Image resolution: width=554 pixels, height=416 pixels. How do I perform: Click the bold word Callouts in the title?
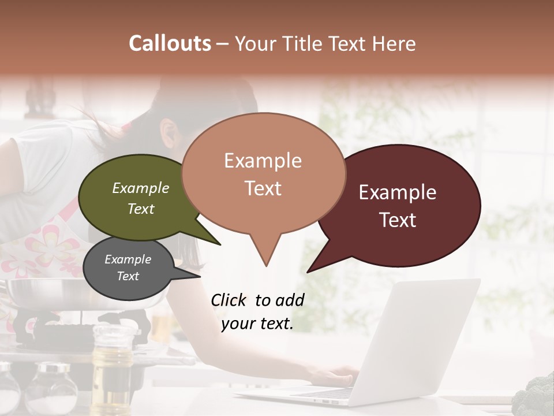pyautogui.click(x=170, y=43)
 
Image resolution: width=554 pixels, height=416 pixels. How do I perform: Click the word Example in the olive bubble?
pyautogui.click(x=141, y=188)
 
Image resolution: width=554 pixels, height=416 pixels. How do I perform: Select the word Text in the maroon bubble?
pyautogui.click(x=398, y=220)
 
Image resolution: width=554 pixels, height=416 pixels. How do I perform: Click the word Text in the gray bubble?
pyautogui.click(x=128, y=276)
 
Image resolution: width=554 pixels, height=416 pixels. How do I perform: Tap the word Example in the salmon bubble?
pyautogui.click(x=263, y=161)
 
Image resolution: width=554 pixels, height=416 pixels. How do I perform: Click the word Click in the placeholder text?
pyautogui.click(x=229, y=300)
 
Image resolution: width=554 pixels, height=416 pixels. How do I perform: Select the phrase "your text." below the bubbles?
pyautogui.click(x=257, y=324)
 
